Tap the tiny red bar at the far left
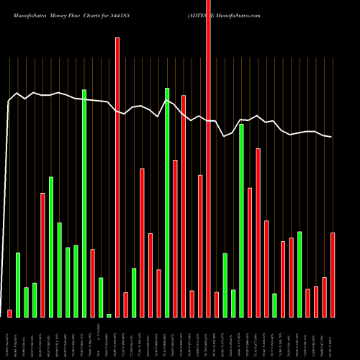(x=9, y=313)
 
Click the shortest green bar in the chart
(x=109, y=315)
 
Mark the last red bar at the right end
(x=333, y=274)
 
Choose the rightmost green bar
(x=300, y=274)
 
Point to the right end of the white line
(x=331, y=137)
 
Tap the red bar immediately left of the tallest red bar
(x=200, y=246)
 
